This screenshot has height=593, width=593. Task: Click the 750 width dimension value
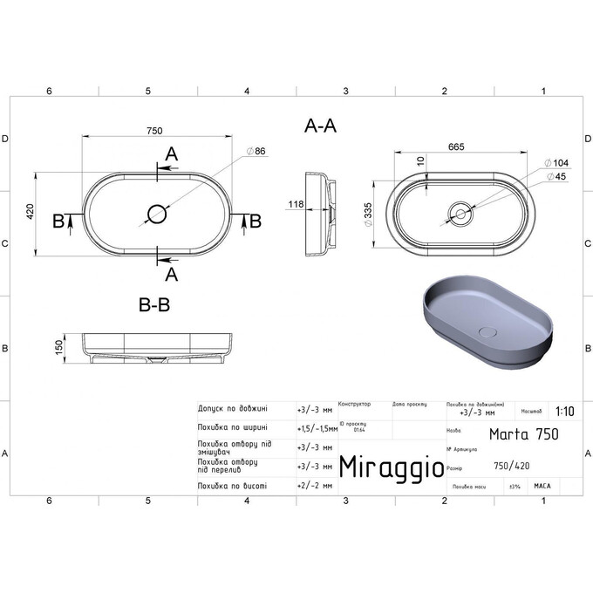coord(154,131)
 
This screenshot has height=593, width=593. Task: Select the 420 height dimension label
coord(30,211)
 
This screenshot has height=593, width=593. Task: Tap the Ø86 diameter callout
coord(256,152)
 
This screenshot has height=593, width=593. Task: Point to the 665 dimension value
coord(455,147)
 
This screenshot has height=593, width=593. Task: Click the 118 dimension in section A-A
coord(296,205)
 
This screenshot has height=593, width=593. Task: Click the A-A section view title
coord(320,126)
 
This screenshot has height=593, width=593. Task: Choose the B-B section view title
coord(154,305)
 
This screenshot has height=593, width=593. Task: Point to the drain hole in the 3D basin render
coord(489,331)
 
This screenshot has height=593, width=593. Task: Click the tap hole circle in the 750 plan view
coord(158,212)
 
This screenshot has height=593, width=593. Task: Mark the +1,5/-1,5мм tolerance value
coord(317,428)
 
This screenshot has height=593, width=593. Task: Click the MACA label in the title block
coord(542,486)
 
